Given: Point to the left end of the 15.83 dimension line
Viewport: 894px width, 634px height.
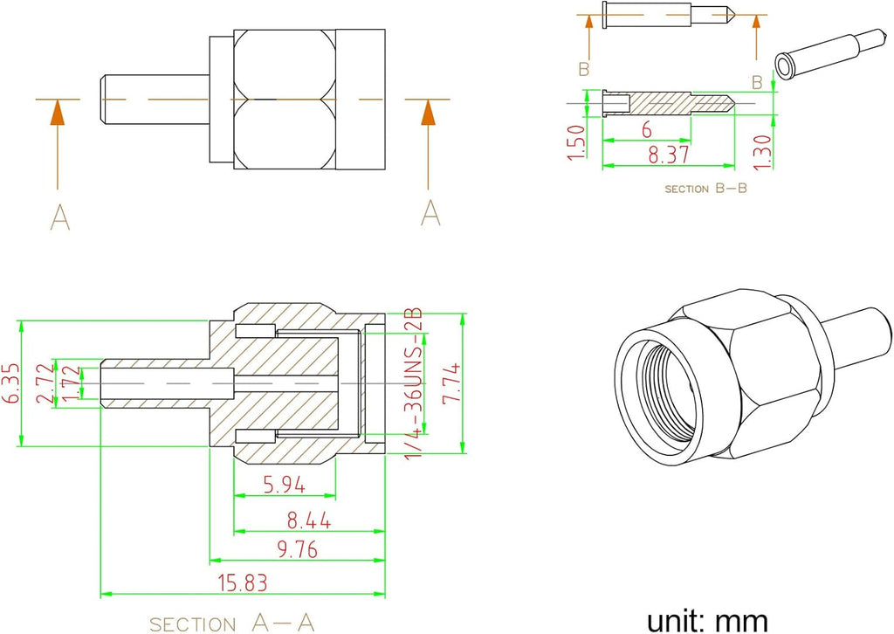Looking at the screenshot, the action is pos(100,595).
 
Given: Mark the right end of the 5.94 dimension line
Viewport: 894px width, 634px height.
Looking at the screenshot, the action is pos(335,495).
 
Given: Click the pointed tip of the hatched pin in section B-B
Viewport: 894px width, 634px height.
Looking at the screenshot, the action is pos(734,104).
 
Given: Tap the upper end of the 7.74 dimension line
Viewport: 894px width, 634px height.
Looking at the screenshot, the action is pos(463,313).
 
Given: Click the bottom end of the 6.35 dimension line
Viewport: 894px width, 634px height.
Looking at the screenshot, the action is pos(21,446).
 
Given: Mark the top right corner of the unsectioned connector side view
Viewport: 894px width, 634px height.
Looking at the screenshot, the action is pos(385,30).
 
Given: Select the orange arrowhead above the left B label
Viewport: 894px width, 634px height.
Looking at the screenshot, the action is pos(588,21).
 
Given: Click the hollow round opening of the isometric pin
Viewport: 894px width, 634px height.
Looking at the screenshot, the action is pos(785,65).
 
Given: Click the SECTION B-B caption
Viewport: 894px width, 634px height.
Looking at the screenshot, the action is pos(705,188).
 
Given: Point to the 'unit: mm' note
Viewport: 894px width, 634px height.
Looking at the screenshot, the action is pos(707,620).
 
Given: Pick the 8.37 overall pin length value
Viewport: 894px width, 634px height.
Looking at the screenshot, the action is pos(669,155).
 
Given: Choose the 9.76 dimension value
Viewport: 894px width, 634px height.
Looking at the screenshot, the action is pos(297,549).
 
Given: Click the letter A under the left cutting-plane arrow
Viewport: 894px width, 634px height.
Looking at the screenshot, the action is pos(60,217).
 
